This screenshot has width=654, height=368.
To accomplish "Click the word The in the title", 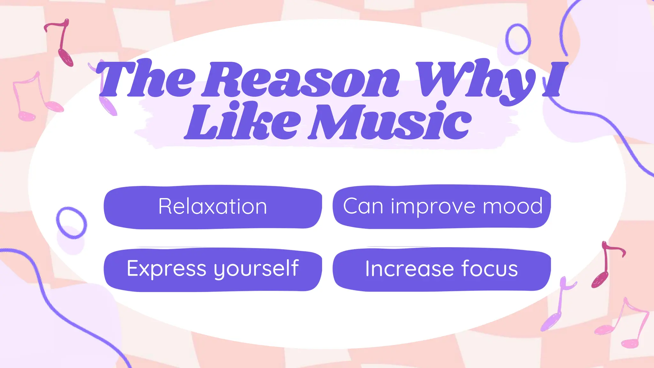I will (x=145, y=80).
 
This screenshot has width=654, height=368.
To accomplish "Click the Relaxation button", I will (x=213, y=207).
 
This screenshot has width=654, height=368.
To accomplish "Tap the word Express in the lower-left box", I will (x=166, y=269).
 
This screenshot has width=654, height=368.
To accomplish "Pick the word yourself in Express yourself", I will (x=256, y=269).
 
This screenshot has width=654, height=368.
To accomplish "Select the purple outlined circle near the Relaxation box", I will (x=72, y=223).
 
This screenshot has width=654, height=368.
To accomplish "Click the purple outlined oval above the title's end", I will (x=518, y=39).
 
